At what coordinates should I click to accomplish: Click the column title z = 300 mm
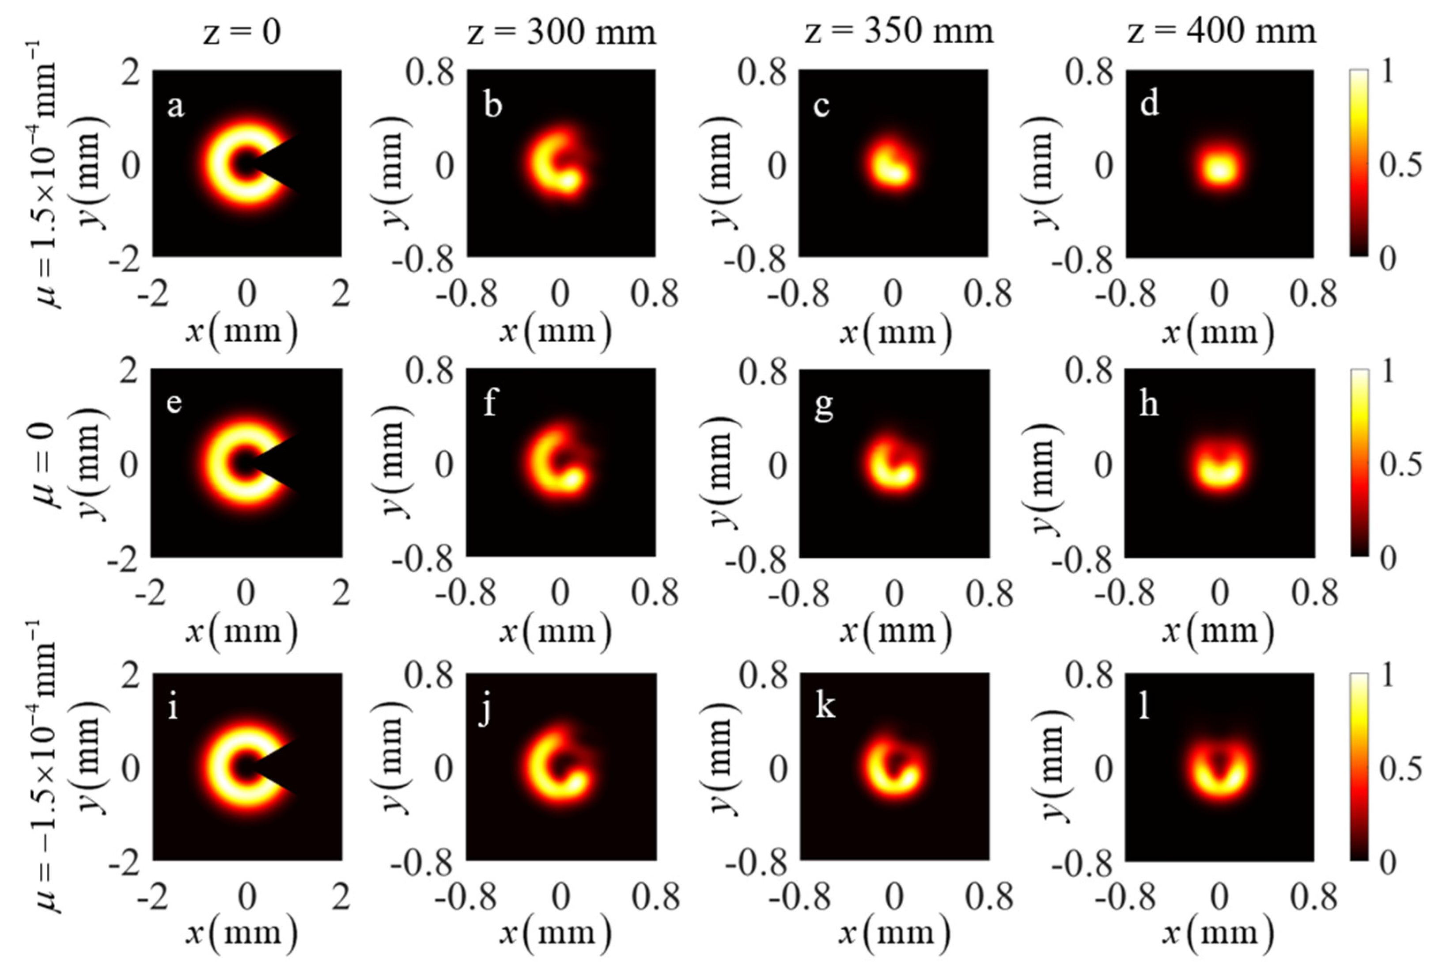560,31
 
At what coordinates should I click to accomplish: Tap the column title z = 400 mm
1221,31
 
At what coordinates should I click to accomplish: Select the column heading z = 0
242,31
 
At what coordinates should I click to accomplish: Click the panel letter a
175,106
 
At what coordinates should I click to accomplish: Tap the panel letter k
825,705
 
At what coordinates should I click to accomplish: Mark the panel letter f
490,404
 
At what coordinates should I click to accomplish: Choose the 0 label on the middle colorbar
1387,558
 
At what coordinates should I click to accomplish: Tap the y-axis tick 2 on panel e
129,372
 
